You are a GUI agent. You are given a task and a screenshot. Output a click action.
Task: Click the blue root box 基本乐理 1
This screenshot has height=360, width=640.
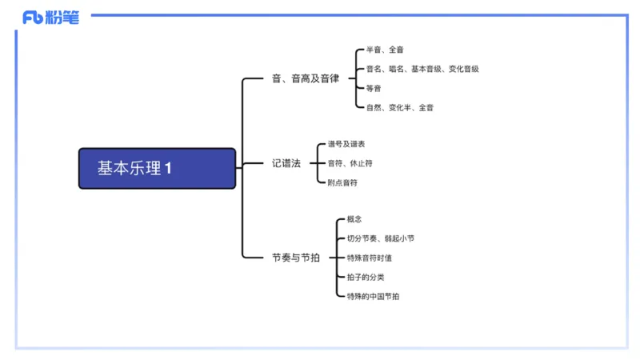[158, 168]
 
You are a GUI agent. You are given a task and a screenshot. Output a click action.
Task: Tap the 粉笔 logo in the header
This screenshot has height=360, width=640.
[50, 17]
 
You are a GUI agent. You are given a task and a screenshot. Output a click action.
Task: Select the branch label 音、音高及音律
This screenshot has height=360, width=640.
[306, 78]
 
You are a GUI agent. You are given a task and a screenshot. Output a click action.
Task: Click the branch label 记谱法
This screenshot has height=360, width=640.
[286, 163]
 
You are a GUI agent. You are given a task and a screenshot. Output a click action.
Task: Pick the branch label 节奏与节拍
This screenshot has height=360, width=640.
[295, 258]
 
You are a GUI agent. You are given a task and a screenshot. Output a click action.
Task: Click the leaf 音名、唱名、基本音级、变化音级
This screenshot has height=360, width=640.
[422, 69]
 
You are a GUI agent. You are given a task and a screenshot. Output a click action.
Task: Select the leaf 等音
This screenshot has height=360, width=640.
[374, 88]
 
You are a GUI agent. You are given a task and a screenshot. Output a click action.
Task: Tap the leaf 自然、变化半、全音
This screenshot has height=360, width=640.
[400, 107]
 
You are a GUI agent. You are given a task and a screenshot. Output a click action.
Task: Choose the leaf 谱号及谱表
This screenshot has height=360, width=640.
[346, 144]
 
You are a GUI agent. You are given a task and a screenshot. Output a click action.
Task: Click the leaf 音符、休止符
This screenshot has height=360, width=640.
[350, 163]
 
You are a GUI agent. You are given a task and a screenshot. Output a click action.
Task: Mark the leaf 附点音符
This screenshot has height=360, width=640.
[342, 182]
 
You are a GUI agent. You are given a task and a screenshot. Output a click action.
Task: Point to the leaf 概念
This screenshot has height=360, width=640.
[354, 219]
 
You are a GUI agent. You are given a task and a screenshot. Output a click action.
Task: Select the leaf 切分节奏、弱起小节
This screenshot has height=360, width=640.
[380, 238]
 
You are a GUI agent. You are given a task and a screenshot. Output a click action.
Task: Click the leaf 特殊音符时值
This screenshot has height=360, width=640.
[369, 258]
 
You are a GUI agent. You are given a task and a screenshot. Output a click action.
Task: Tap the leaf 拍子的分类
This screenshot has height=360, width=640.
[365, 277]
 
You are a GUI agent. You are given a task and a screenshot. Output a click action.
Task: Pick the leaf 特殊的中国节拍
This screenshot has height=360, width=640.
[373, 296]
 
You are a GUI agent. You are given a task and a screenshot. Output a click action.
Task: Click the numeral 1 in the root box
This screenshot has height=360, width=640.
[169, 168]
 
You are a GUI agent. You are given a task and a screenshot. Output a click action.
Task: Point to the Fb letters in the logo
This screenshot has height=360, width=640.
[33, 18]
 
